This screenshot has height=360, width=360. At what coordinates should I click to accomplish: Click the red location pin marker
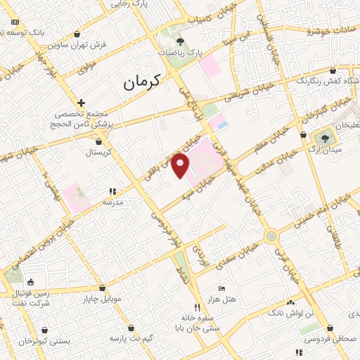[181, 167]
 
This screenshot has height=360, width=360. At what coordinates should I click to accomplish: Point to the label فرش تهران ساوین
[83, 44]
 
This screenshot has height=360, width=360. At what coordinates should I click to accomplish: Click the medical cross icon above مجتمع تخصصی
[82, 103]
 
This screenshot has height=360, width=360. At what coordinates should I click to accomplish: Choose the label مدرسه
[113, 201]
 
